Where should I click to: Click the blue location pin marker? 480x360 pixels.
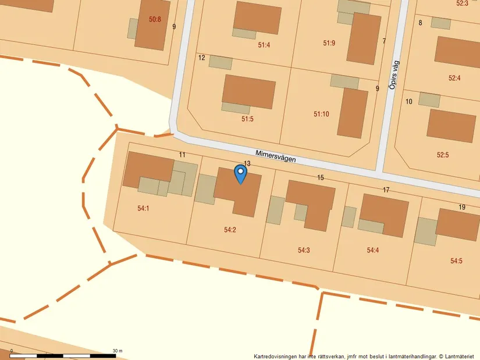tap(240, 173)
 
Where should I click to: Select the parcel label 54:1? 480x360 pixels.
tap(143, 208)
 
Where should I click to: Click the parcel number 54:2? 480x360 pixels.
tap(230, 230)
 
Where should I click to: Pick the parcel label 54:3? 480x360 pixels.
tap(304, 251)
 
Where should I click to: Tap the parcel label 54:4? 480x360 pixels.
tap(373, 251)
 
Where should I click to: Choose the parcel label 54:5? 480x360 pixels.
tap(456, 261)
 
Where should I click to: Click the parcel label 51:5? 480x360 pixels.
tap(248, 119)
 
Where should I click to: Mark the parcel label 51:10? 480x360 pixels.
tap(321, 114)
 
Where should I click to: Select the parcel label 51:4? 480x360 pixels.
tap(264, 45)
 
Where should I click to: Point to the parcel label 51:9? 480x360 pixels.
tap(329, 42)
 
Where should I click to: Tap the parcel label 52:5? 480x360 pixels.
tap(443, 155)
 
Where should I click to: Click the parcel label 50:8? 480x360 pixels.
tap(155, 19)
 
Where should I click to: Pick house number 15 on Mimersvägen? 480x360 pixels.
tap(321, 177)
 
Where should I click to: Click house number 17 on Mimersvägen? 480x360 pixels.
tap(386, 190)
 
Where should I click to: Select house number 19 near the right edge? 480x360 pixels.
tap(462, 208)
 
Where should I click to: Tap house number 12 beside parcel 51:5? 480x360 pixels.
tap(202, 58)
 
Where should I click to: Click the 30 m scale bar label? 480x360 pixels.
tap(117, 351)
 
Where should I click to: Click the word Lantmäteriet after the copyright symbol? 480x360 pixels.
tap(460, 356)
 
